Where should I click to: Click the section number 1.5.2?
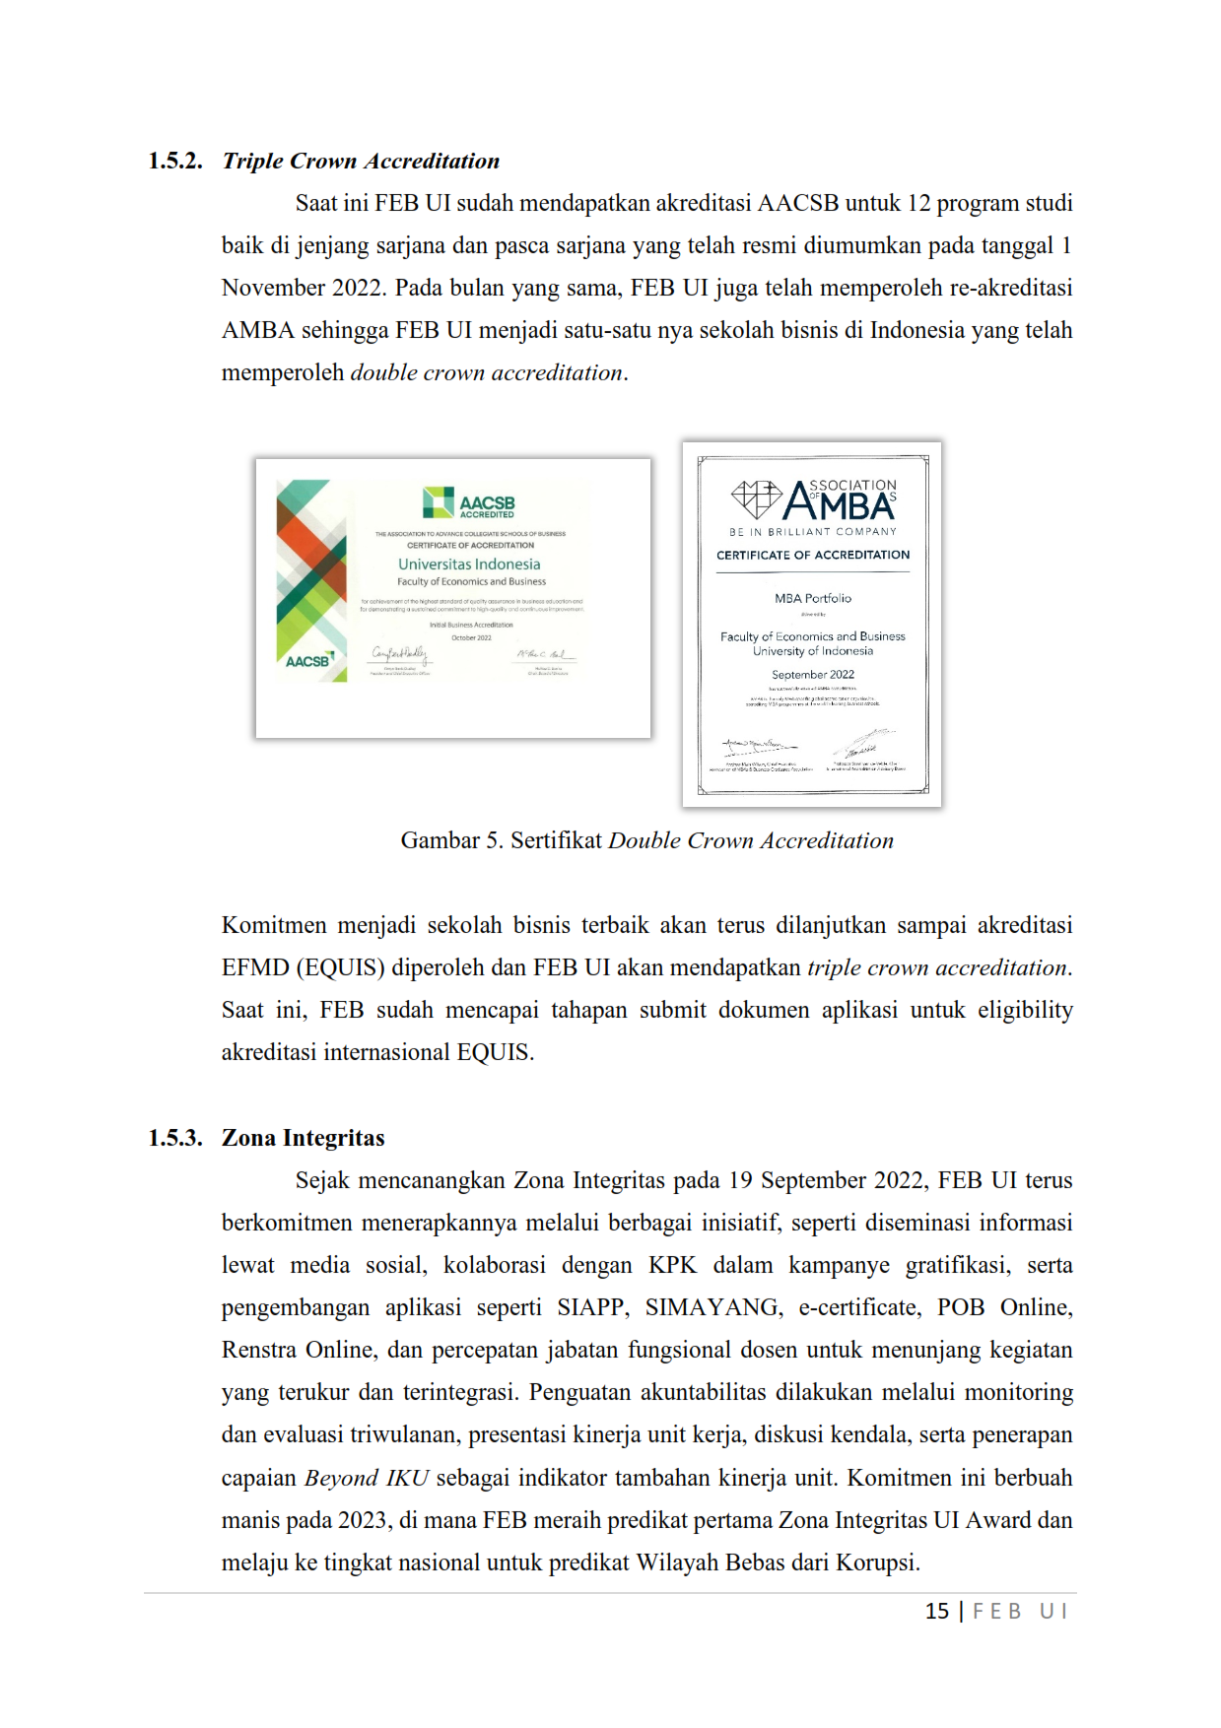(175, 161)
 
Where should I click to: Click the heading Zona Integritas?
(303, 1138)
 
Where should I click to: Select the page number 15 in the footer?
(936, 1611)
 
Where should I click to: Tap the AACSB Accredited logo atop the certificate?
(469, 502)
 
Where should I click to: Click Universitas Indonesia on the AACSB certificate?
(469, 565)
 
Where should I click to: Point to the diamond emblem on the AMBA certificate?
(756, 498)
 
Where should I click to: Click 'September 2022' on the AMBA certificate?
(813, 675)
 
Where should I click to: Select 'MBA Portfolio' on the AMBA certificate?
(813, 598)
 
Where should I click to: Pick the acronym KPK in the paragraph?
(672, 1265)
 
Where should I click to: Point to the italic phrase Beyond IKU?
(367, 1478)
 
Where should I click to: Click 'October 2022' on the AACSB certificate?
(471, 637)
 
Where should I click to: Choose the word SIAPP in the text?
(591, 1307)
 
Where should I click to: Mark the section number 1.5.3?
(175, 1138)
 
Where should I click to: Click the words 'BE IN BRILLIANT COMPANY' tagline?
(813, 532)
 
